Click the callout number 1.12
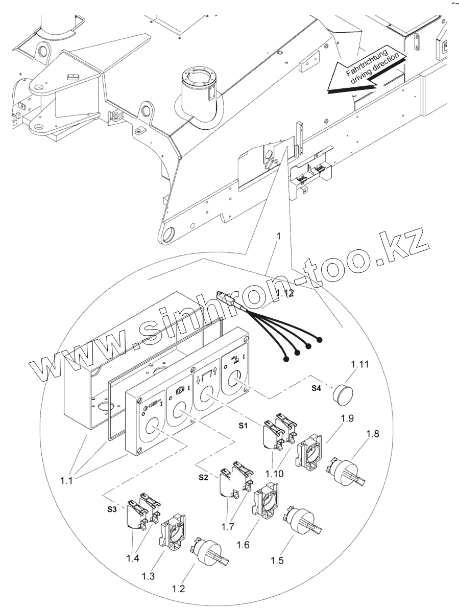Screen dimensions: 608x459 click(x=285, y=293)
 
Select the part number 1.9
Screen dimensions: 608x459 click(x=348, y=418)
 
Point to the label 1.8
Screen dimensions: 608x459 click(x=373, y=434)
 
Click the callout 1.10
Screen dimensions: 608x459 click(x=274, y=473)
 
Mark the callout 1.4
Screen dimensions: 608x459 click(x=132, y=558)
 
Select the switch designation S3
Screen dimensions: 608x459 click(x=112, y=509)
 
